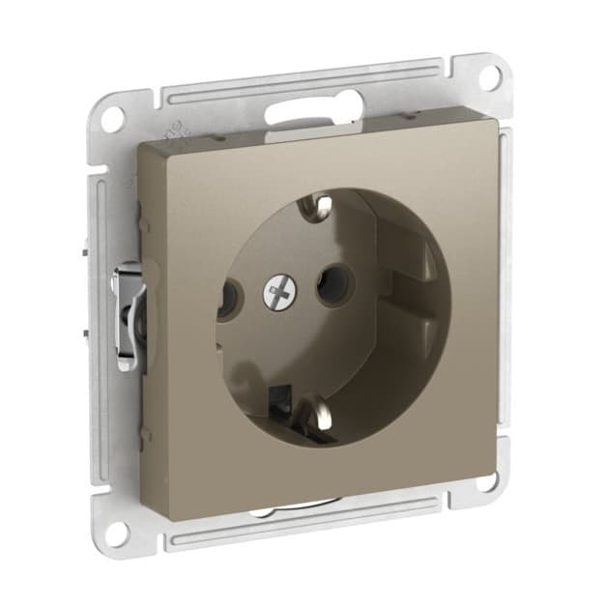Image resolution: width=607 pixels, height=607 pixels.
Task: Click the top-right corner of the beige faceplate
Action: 502,127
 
